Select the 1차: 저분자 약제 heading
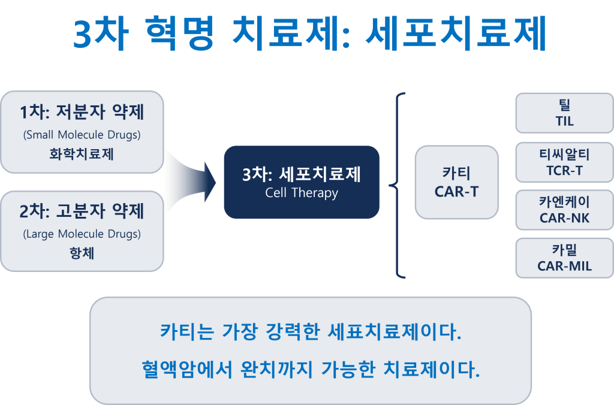coord(82,112)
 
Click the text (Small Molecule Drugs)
coord(82,135)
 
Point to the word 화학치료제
coord(82,154)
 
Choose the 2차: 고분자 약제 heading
coord(82,211)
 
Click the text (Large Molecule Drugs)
coord(82,234)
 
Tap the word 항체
coord(82,253)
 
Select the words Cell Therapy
coord(302,193)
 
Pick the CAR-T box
coord(456,182)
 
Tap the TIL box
coord(564,113)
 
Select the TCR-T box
coord(564,162)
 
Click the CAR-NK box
coord(564,210)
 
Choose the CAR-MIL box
coord(564,258)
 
